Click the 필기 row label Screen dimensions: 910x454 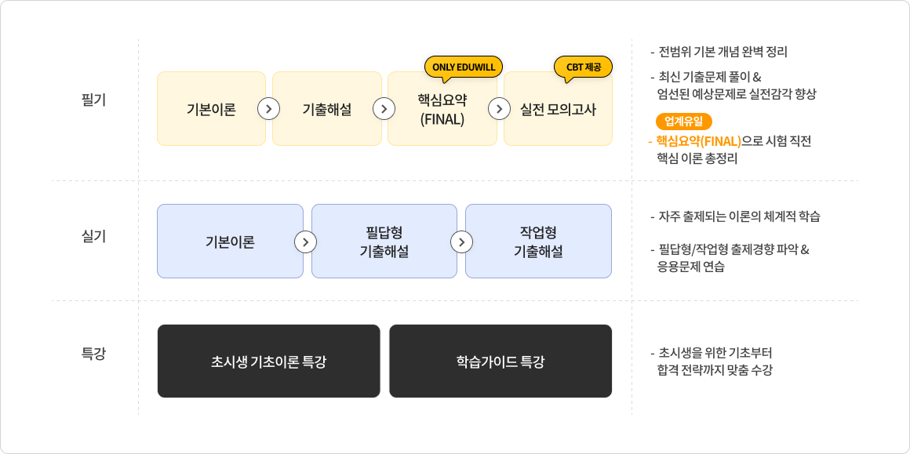94,99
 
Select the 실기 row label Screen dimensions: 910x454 94,237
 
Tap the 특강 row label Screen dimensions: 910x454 94,353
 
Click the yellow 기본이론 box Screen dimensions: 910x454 211,108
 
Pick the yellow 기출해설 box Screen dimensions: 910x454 327,108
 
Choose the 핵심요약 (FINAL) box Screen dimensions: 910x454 442,108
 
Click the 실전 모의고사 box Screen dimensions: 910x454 558,108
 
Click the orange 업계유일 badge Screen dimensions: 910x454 683,122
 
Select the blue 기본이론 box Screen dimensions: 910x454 231,242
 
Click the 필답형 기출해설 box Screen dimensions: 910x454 384,242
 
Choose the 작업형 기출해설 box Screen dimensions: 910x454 539,242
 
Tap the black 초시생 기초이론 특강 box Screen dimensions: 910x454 269,361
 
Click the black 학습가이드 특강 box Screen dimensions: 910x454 500,361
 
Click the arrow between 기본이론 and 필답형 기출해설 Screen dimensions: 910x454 306,242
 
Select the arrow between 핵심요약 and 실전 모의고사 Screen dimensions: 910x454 499,108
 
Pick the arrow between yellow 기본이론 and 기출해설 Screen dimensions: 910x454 269,108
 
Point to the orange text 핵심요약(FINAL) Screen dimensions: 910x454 698,141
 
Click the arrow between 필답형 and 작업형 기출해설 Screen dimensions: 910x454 461,242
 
